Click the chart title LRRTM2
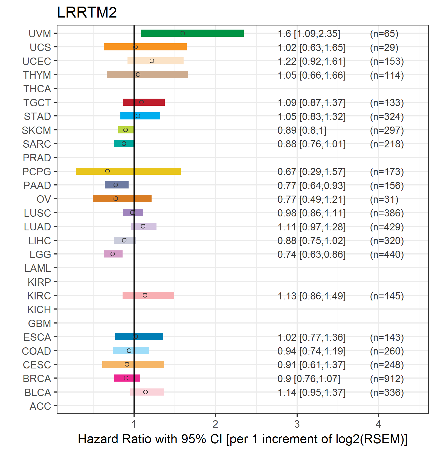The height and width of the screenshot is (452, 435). [x=87, y=12]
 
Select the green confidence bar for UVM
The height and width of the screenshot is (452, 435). [x=192, y=33]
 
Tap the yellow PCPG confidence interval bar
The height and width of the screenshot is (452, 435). [x=128, y=171]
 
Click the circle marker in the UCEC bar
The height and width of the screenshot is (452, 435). [x=152, y=61]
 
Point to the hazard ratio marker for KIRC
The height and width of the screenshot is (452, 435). [x=145, y=295]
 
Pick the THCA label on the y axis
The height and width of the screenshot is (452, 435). [x=37, y=89]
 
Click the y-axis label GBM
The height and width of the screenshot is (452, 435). [x=39, y=324]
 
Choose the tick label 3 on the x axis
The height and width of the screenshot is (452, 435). [x=297, y=424]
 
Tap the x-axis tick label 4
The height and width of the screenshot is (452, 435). [x=378, y=424]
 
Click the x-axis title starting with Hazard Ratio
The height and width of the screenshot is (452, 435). [x=242, y=439]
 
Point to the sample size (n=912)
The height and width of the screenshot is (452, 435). [x=387, y=379]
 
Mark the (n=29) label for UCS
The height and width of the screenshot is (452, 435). [x=384, y=47]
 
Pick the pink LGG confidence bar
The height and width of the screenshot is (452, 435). [x=113, y=254]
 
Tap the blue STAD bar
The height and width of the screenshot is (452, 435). [x=140, y=116]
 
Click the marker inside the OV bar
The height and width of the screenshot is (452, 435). [x=116, y=199]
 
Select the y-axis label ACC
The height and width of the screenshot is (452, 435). [x=40, y=406]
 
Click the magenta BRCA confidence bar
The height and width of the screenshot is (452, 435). [x=127, y=378]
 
